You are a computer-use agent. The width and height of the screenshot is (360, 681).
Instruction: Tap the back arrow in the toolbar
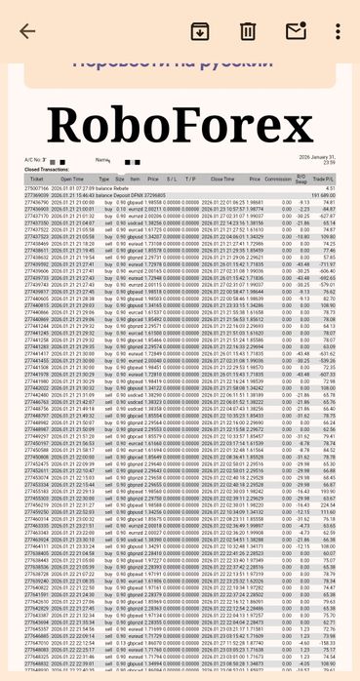pos(26,30)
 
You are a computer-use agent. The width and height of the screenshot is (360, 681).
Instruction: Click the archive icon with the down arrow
pos(199,30)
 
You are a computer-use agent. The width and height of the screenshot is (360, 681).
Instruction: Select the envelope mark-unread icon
pos(296,30)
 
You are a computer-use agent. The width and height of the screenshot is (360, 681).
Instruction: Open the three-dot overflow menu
pos(338,30)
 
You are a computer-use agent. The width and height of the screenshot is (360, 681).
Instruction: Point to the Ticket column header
pos(37,180)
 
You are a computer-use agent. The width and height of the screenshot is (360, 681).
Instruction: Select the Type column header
pos(105,180)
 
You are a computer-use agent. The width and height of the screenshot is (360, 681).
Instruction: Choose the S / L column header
pos(172,180)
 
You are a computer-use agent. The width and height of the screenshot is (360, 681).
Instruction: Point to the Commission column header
pos(279,180)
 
